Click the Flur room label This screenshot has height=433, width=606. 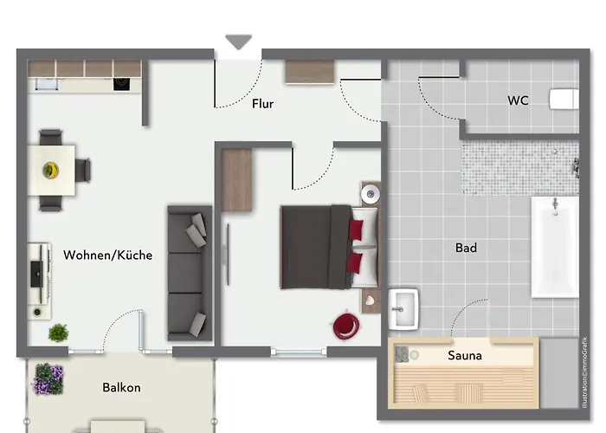(x=262, y=104)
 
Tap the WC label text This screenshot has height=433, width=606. (x=518, y=100)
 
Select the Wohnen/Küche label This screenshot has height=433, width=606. (x=108, y=255)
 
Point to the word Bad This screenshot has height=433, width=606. (x=466, y=249)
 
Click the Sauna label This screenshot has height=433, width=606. (x=465, y=355)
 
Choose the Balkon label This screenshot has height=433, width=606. (x=121, y=388)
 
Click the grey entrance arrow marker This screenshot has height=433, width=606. (x=238, y=42)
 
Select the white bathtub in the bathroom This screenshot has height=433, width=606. (x=554, y=247)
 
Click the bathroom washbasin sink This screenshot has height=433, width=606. (x=404, y=307)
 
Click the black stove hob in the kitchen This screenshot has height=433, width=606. (x=121, y=84)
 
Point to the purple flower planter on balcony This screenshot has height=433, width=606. (x=48, y=378)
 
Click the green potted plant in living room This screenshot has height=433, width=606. (x=59, y=332)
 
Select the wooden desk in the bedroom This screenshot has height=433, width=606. (x=236, y=179)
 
